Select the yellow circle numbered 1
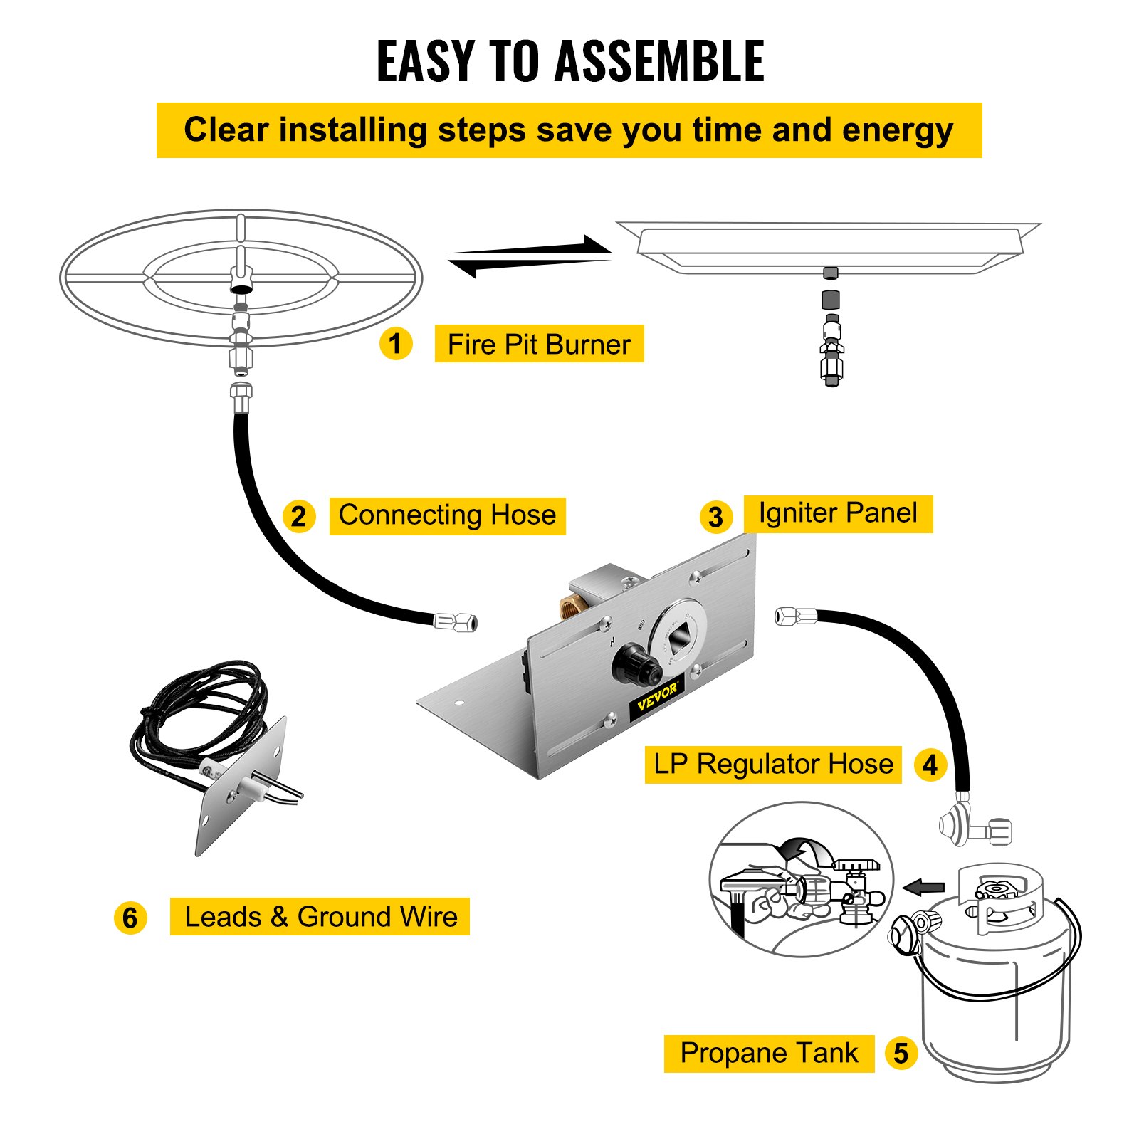click(396, 344)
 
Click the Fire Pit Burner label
click(539, 345)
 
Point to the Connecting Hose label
click(447, 515)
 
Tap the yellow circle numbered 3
click(715, 518)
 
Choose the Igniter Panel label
click(838, 513)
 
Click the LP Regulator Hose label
click(773, 765)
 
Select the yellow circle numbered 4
click(930, 766)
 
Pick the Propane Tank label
click(769, 1054)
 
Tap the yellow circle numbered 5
click(901, 1054)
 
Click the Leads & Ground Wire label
click(320, 917)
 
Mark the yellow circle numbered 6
click(130, 918)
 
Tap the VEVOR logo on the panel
click(656, 698)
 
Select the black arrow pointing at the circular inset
click(923, 887)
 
